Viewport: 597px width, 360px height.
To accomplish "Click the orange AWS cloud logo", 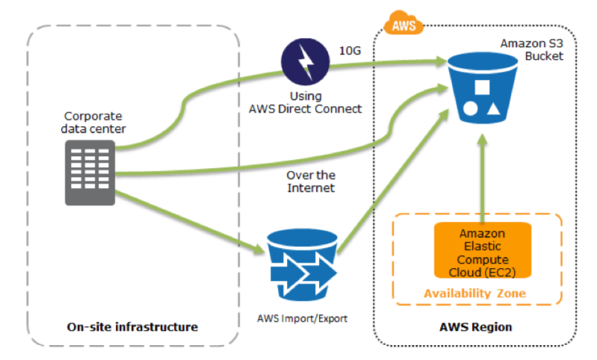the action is (x=403, y=23).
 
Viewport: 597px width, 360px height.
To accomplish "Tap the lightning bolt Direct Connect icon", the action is (x=306, y=62).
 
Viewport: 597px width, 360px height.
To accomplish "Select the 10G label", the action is (x=350, y=51).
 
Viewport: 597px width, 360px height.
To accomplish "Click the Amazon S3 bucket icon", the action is (x=483, y=88).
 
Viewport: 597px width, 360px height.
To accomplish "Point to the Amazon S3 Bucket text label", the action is (x=532, y=49).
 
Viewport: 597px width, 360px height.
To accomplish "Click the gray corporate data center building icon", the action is (x=90, y=173).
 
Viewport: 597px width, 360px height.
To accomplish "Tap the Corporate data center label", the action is (x=93, y=122).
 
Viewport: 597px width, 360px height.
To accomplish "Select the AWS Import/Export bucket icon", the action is (x=302, y=265).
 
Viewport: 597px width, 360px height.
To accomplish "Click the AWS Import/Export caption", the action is (x=303, y=318).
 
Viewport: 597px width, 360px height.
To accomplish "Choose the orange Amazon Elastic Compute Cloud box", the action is (x=483, y=250).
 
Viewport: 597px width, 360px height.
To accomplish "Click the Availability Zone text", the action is (x=474, y=294).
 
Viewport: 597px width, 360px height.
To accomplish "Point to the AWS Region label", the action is (x=475, y=327).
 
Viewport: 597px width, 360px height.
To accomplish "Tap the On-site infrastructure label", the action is (x=132, y=327).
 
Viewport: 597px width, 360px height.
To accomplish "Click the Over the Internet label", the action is (x=311, y=181).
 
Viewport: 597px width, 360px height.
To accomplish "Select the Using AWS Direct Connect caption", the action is (x=306, y=102).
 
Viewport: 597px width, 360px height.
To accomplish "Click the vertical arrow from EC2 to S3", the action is (x=483, y=178).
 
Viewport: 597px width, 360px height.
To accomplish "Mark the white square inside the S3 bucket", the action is (x=482, y=87).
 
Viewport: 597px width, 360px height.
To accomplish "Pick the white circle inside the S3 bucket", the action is (x=470, y=109).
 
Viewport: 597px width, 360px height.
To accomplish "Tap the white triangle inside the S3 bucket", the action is (x=493, y=109).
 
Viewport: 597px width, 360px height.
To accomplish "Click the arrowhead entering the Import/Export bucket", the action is (x=259, y=249).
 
